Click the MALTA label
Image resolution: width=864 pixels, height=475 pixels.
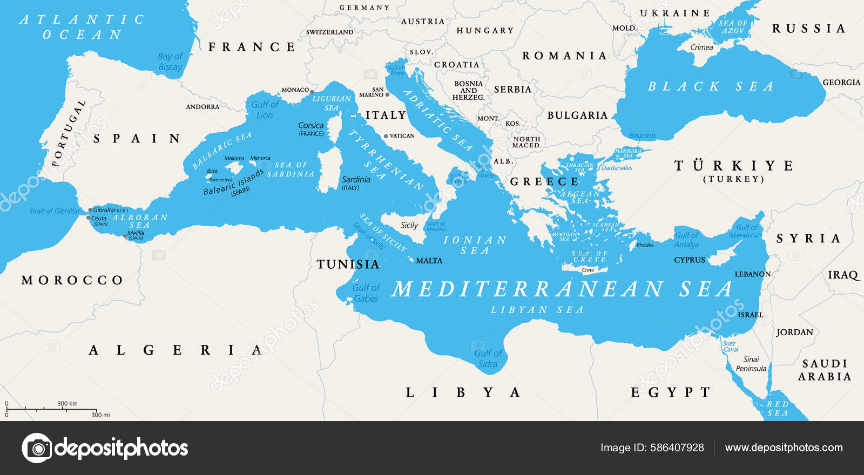coord(429,261)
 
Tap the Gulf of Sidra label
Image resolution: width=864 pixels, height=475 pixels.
coord(488,358)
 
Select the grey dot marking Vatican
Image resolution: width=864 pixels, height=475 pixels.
coord(386,136)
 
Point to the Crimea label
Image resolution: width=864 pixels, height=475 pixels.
coord(701,47)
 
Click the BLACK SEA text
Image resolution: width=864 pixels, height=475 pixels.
coord(710,86)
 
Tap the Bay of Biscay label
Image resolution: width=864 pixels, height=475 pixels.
coord(170,62)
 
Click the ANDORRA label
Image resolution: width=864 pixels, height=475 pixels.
coord(202,107)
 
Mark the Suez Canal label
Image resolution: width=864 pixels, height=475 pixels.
coord(730,346)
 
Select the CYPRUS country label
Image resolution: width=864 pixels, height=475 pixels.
coord(690,260)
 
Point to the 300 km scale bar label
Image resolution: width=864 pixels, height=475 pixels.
coord(67,404)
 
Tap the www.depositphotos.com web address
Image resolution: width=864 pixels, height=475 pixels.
coord(784,447)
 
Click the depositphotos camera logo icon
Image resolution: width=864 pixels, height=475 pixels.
coord(37,448)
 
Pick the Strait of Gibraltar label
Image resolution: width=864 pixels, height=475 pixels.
coord(54,211)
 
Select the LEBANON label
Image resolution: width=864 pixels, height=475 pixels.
coord(752,274)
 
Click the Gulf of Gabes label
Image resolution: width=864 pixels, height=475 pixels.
coord(366,293)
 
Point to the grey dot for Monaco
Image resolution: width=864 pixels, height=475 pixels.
coord(312,92)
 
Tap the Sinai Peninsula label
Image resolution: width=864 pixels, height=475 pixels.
coord(751,364)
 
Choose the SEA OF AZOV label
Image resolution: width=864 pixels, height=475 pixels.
coord(733,27)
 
